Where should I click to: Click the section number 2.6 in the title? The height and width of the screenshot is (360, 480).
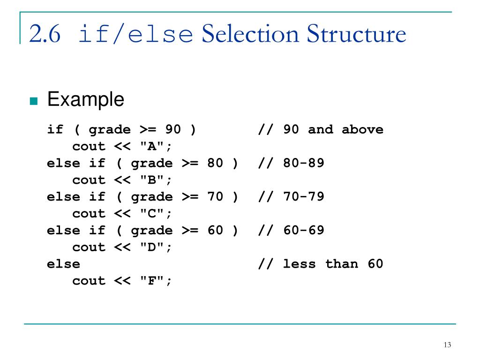[45, 35]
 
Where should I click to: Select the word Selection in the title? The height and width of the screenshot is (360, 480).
[250, 35]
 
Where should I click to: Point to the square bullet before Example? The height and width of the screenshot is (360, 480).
[33, 101]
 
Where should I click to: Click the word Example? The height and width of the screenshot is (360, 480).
[86, 99]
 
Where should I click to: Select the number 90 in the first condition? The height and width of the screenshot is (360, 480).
[173, 129]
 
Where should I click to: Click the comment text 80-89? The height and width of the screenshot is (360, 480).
[304, 163]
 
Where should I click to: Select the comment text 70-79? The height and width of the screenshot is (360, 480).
[304, 197]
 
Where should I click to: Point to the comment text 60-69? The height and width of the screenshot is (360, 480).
[304, 231]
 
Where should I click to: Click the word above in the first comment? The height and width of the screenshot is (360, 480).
[362, 129]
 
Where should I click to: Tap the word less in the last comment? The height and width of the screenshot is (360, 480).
[300, 264]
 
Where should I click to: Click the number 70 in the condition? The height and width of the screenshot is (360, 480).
[216, 197]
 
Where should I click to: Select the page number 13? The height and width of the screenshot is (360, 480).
[447, 345]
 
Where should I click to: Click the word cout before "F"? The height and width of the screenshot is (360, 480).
[89, 281]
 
